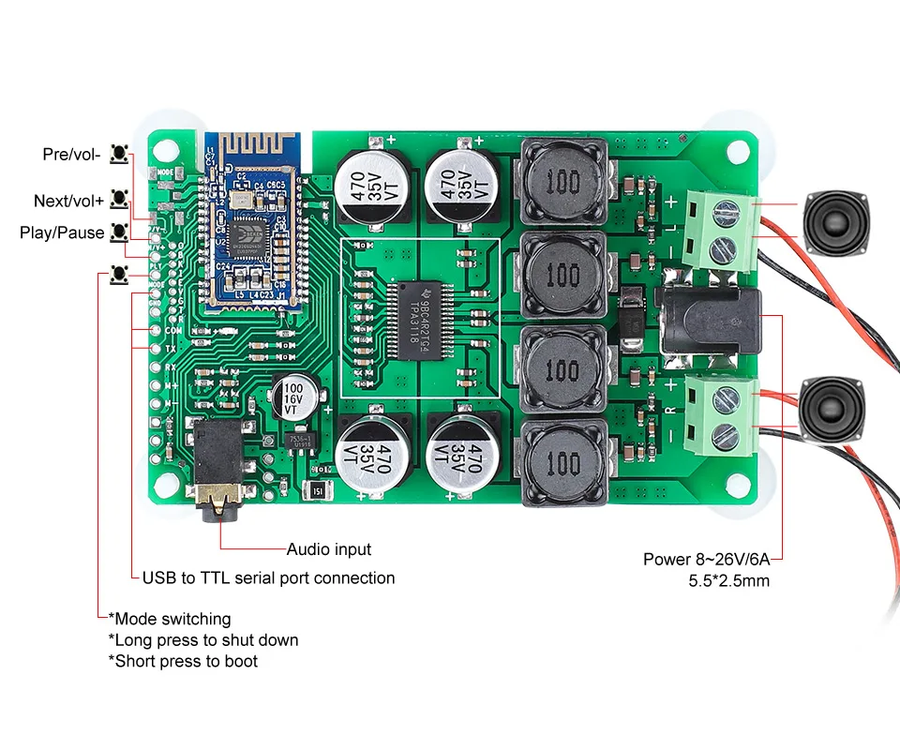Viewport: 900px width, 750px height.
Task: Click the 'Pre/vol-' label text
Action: pyautogui.click(x=71, y=154)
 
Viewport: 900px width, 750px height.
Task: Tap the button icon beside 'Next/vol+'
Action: pyautogui.click(x=119, y=199)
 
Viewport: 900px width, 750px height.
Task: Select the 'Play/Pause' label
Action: pyautogui.click(x=62, y=232)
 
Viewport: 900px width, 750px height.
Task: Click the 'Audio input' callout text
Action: pyautogui.click(x=328, y=549)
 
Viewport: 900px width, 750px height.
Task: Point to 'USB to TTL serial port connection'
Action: pyautogui.click(x=268, y=577)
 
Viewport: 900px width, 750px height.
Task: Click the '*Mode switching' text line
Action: pyautogui.click(x=170, y=619)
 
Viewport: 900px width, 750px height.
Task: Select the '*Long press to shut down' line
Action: pyautogui.click(x=203, y=640)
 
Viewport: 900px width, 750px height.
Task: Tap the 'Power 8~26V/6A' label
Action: pyautogui.click(x=706, y=560)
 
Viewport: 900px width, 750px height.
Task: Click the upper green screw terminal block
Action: pyautogui.click(x=721, y=230)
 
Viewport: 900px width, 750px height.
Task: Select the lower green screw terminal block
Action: pyautogui.click(x=721, y=412)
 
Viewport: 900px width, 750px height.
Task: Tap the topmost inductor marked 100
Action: pyautogui.click(x=562, y=181)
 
